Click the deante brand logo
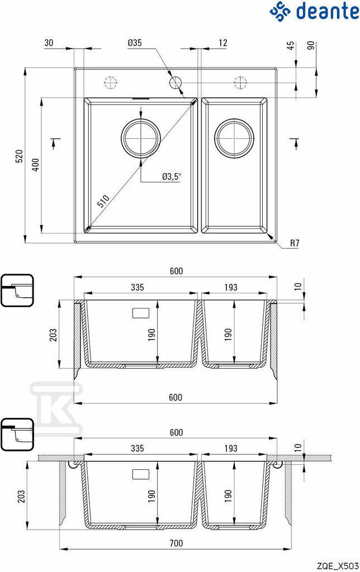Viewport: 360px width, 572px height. click(x=314, y=11)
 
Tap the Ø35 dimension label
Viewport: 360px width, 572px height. click(x=135, y=42)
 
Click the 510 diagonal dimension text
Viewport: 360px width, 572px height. click(x=103, y=201)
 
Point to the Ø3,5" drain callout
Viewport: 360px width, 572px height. click(x=172, y=177)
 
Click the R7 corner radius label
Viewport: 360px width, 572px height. click(x=295, y=244)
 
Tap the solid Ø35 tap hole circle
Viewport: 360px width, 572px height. click(x=176, y=83)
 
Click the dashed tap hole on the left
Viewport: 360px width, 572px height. click(x=110, y=83)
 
